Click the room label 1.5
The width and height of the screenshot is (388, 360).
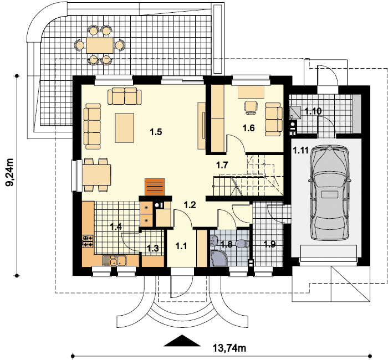[156, 132]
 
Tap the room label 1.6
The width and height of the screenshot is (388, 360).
[248, 128]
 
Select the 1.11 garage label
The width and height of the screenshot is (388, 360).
[300, 150]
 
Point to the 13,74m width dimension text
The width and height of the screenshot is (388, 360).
[229, 348]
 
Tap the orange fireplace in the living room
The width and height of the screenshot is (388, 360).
[155, 187]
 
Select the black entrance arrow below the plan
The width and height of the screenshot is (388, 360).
[182, 341]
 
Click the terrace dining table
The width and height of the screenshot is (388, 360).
[100, 45]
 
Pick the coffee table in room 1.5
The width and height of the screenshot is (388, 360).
[125, 128]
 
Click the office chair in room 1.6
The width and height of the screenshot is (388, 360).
[251, 107]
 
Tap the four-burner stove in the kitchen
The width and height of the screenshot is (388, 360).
[88, 241]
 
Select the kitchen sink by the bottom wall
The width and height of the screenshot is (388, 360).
[114, 261]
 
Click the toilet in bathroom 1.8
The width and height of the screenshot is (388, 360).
[243, 244]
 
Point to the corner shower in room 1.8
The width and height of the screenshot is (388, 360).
[218, 258]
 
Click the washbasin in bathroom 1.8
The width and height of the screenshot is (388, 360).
[214, 240]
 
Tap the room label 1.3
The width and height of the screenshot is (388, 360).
[153, 248]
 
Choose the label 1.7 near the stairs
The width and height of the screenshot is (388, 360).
[222, 165]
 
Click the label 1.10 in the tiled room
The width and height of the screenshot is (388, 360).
[313, 111]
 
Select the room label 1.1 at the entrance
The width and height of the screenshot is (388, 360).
[181, 246]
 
